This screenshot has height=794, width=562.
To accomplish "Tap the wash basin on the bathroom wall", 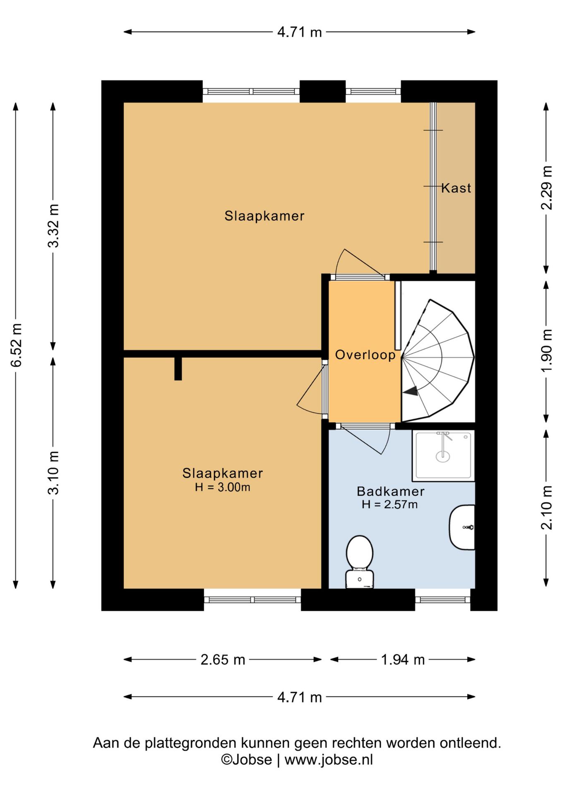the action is [462, 527].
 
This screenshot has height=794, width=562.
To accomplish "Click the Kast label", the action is [456, 188].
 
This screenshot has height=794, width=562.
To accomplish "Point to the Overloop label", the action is [365, 355].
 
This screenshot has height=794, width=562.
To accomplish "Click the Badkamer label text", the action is [391, 491].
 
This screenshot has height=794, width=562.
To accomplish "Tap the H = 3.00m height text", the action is [223, 487].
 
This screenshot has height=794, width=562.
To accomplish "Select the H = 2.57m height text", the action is [389, 505].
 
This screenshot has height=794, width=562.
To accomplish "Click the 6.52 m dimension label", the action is [16, 345].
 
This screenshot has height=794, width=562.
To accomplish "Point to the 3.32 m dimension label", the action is [53, 226].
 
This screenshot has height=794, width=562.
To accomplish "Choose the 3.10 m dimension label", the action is [53, 473].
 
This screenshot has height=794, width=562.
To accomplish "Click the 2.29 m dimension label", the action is [547, 188].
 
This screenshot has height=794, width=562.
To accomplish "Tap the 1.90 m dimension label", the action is [547, 351].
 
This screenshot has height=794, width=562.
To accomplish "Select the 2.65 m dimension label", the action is [223, 660].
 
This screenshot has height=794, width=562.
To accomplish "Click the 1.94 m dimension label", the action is [403, 660].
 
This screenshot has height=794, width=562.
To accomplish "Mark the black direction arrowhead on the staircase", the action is [411, 391].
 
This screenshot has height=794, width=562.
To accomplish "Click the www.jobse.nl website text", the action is [329, 760].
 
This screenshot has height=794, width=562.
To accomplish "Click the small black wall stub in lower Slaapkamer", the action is [178, 368].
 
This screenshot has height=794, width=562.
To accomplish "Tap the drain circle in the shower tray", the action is [443, 457].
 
